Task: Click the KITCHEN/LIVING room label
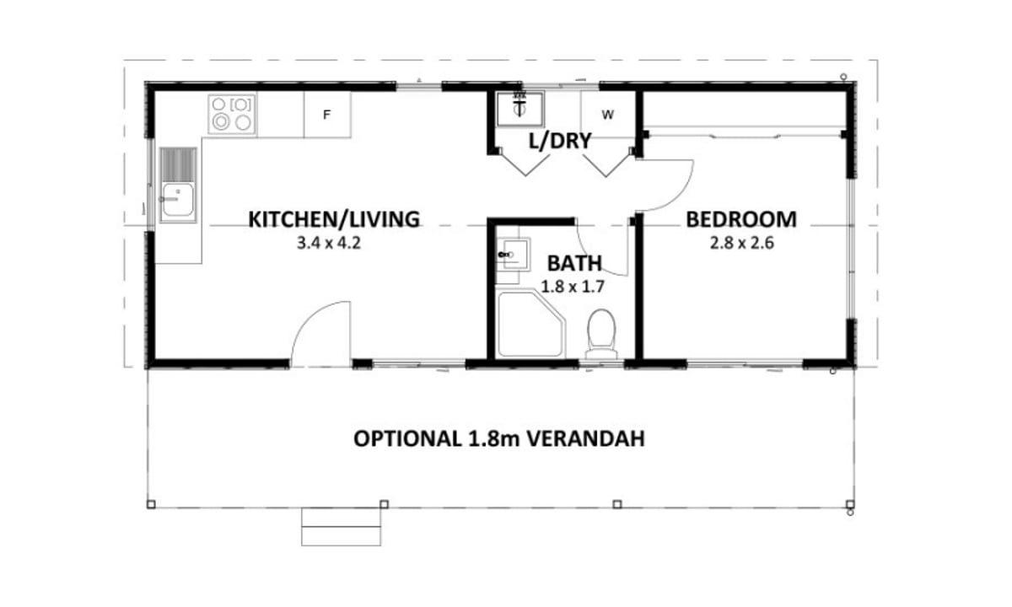point(334,219)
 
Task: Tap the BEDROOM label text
point(741,219)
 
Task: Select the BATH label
point(574,263)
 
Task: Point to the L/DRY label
point(560,141)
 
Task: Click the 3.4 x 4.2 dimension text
point(328,244)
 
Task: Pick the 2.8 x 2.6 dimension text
point(742,244)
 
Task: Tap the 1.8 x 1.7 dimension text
point(573,287)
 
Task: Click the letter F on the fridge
point(326,115)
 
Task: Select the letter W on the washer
point(608,115)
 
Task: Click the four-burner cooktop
point(232,114)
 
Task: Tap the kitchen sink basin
point(178,200)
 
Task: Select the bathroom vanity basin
point(515,255)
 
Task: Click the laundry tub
point(519,109)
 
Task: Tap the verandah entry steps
point(341,527)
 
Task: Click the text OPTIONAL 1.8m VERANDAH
point(498,439)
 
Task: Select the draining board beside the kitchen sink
point(178,164)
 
